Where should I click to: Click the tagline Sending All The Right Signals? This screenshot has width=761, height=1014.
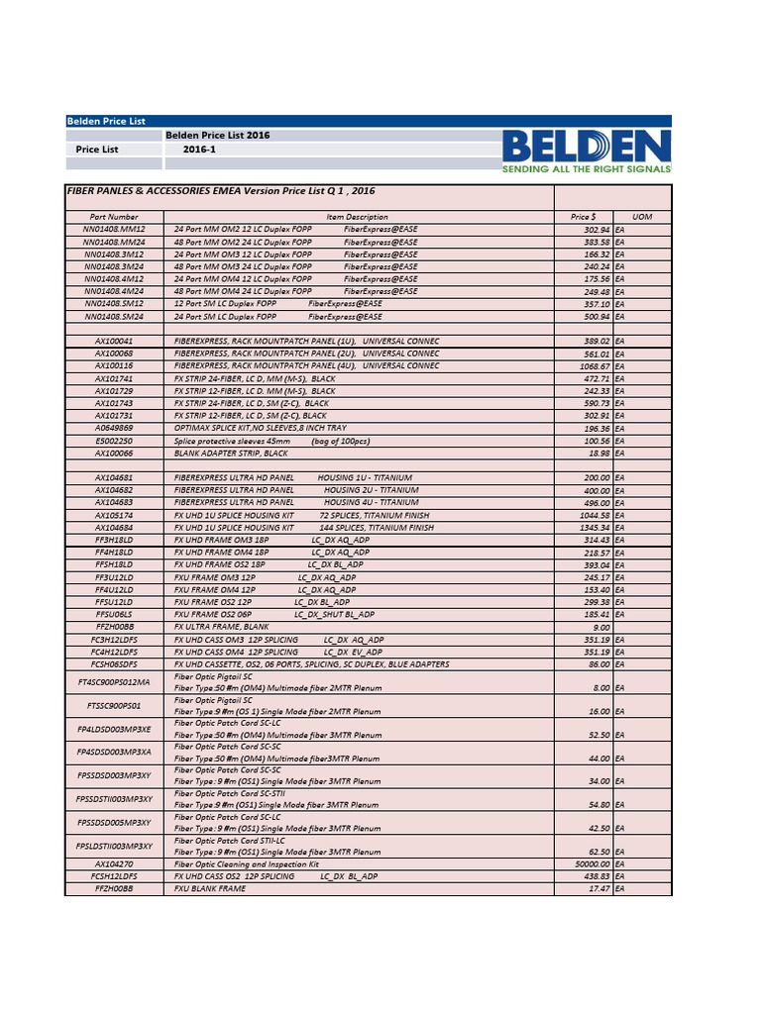(586, 170)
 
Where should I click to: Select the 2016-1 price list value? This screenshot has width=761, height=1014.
(198, 150)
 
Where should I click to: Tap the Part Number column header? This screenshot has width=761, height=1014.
(114, 217)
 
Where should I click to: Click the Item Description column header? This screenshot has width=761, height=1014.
(357, 217)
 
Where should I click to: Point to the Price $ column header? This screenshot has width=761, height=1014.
(583, 217)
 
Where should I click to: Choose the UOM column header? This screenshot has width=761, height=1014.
(641, 217)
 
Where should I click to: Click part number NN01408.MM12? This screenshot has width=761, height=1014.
(114, 230)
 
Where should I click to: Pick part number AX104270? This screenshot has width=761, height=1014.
(114, 864)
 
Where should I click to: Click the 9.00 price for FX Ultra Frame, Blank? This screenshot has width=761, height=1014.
(601, 628)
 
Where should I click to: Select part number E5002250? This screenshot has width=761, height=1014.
(114, 441)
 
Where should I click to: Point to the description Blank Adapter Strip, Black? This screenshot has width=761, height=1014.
(231, 454)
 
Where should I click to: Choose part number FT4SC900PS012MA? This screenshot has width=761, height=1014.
(114, 682)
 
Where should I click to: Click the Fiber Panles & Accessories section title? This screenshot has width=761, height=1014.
(220, 190)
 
